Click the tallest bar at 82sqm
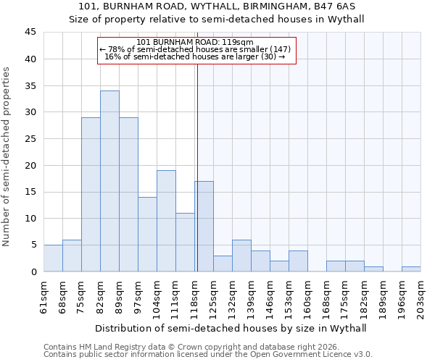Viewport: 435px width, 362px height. point(109,181)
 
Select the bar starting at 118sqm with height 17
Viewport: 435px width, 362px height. point(204,226)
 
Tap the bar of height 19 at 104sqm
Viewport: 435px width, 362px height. point(166,221)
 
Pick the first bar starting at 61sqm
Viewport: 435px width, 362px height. point(53,258)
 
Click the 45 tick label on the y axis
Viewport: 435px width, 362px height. point(30,33)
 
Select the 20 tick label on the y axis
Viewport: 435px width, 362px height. point(30,165)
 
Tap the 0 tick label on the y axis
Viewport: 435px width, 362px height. point(33,271)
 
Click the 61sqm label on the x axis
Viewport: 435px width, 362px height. point(44,296)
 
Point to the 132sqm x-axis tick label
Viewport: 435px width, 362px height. point(232,298)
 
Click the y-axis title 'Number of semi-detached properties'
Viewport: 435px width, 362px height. point(7,156)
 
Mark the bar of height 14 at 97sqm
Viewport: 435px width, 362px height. point(147,234)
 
